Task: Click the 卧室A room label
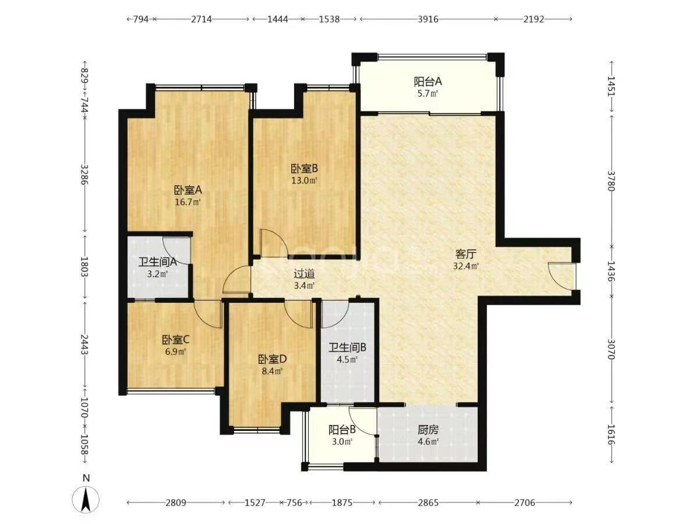[x=188, y=190]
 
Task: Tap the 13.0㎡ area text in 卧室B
[x=304, y=180]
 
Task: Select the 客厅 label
[x=466, y=254]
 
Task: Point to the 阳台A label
[x=428, y=82]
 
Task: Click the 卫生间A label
[x=158, y=262]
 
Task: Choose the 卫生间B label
[x=347, y=348]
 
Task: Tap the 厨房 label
[x=428, y=430]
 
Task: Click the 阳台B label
[x=342, y=430]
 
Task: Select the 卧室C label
[x=176, y=340]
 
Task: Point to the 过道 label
[x=304, y=273]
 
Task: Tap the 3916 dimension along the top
[x=428, y=19]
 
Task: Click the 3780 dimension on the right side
[x=611, y=180]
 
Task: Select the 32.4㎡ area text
[x=466, y=266]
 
